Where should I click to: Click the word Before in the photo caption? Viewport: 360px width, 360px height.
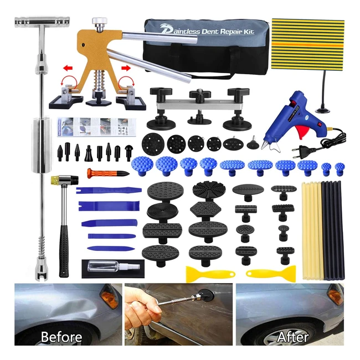coord(61,337)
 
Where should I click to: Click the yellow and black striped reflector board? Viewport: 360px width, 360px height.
coord(307,44)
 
